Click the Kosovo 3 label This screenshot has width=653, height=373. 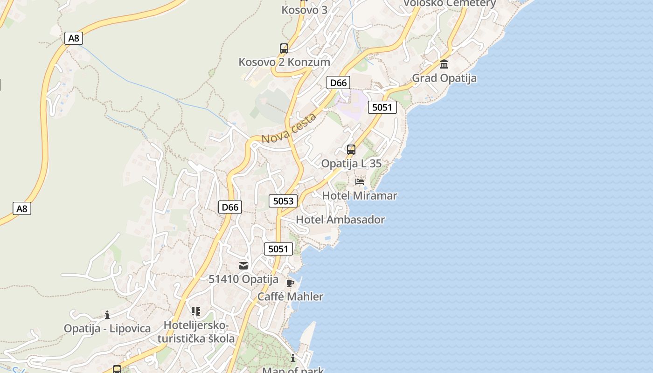304,9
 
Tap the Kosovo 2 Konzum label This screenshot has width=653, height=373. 284,62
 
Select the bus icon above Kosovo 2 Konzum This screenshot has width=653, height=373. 284,48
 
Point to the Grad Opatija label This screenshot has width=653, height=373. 444,78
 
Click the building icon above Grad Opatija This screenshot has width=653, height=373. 444,64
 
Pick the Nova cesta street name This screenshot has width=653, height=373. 289,128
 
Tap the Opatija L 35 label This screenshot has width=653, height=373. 351,164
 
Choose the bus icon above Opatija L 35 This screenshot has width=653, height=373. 351,150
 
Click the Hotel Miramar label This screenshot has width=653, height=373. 360,195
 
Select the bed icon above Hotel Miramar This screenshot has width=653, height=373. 360,181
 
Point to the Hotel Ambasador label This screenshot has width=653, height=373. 340,220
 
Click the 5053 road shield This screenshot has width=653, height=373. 283,201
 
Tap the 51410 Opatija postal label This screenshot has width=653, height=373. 243,279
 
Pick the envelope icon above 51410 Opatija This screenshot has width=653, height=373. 243,266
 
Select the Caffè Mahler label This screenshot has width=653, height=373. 290,297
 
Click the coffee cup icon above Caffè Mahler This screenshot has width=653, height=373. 290,283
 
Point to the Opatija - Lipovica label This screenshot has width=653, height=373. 107,329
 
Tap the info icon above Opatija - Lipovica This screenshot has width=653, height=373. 107,315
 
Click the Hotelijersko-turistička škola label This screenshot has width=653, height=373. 196,332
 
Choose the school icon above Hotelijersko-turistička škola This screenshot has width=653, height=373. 196,311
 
